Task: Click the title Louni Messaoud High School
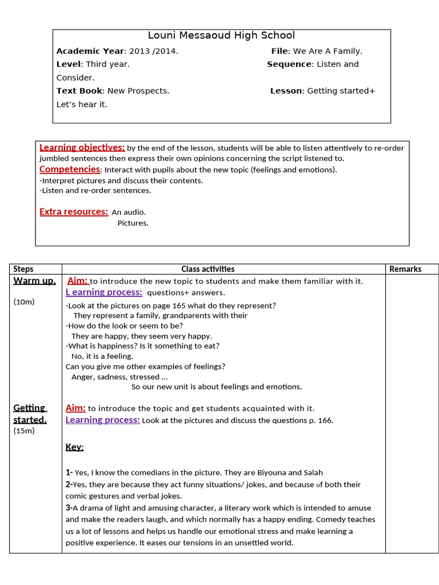(x=221, y=35)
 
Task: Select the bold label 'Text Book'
(x=79, y=91)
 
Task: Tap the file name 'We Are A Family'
(x=328, y=51)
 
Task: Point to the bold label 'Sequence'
(x=289, y=64)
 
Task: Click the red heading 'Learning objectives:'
(x=82, y=147)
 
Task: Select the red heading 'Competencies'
(x=70, y=169)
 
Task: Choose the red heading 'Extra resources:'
(x=74, y=212)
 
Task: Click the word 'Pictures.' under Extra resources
(x=133, y=223)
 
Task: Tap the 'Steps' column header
(x=23, y=269)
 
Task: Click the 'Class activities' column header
(x=207, y=269)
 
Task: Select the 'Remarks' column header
(x=405, y=269)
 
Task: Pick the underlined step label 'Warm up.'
(x=34, y=281)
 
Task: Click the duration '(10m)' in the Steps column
(x=24, y=302)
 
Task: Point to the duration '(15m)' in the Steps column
(x=24, y=431)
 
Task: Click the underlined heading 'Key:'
(x=74, y=447)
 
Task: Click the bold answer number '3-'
(x=69, y=508)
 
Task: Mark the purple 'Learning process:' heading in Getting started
(x=103, y=420)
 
